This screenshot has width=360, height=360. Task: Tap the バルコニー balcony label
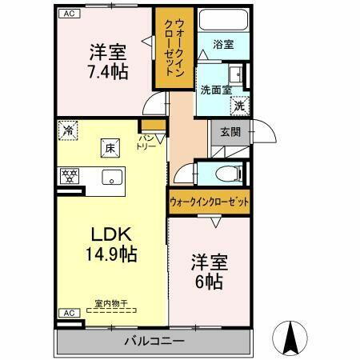pyautogui.click(x=154, y=342)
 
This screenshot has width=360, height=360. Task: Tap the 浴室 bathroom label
pyautogui.click(x=224, y=45)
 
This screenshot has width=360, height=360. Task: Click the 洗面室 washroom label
pyautogui.click(x=215, y=90)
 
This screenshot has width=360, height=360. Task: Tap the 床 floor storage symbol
pyautogui.click(x=107, y=146)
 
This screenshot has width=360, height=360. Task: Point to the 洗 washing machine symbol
pyautogui.click(x=239, y=105)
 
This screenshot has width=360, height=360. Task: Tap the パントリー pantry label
pyautogui.click(x=147, y=142)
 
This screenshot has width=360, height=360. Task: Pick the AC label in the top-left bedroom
pyautogui.click(x=69, y=14)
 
